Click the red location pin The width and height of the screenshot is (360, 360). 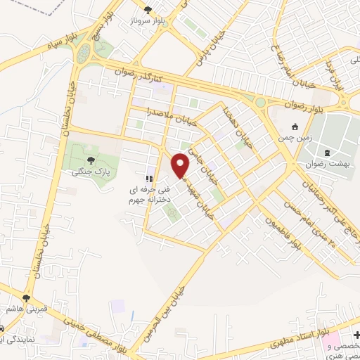(181, 165)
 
